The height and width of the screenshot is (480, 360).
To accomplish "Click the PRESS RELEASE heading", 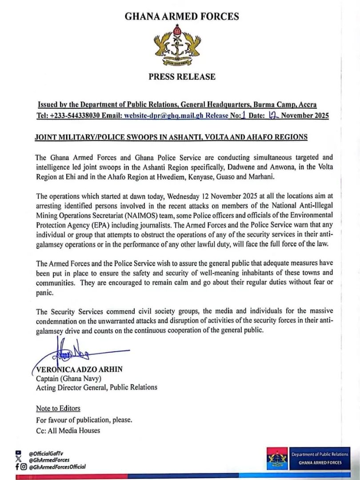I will click(182, 76).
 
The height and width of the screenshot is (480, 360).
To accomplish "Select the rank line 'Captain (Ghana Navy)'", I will click(65, 379).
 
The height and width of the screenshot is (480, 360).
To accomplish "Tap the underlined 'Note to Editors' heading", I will click(58, 408).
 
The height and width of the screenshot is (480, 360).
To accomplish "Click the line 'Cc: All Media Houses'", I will click(68, 430).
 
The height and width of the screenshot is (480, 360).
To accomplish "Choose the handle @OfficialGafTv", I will click(46, 453).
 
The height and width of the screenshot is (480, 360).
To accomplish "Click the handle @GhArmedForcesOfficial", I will click(57, 467).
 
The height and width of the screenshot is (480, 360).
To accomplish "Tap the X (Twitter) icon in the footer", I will click(18, 460).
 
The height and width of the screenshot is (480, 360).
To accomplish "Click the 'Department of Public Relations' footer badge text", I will click(320, 454).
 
